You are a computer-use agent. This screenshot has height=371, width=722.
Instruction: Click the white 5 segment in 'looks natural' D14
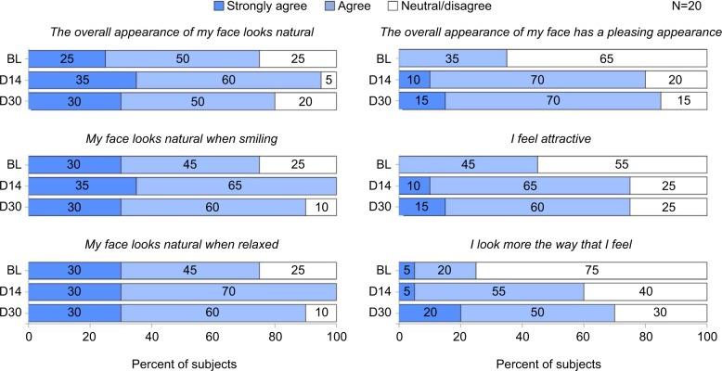coord(329,80)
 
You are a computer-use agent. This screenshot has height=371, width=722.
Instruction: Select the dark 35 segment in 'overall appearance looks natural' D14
coord(82,80)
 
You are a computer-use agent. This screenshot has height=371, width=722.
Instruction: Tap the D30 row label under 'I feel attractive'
coord(379,207)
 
